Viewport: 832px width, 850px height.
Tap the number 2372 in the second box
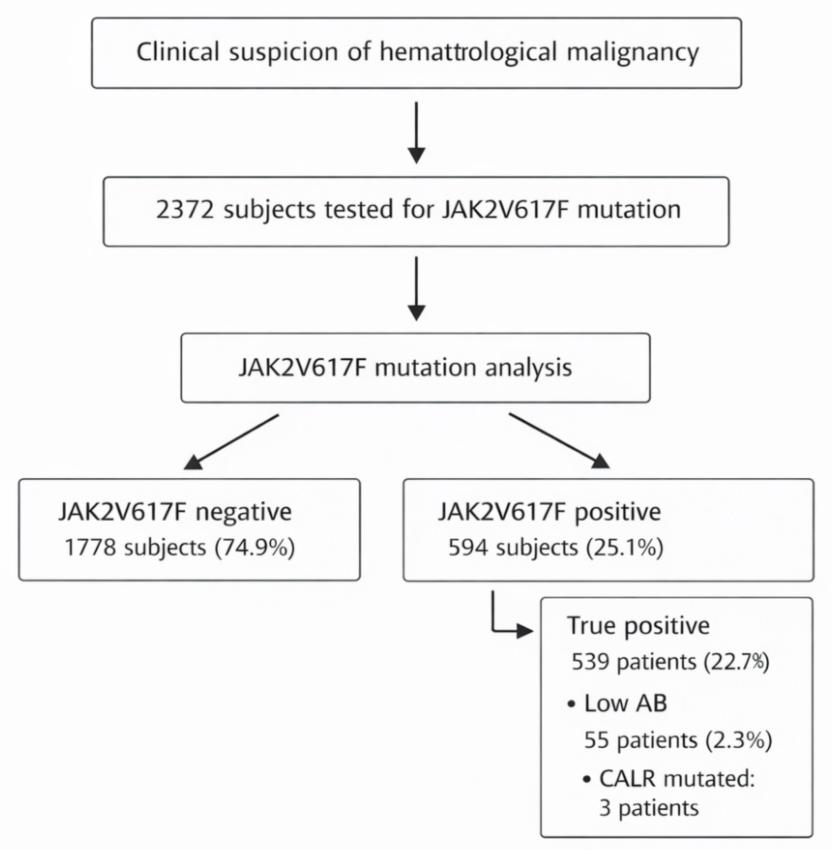point(185,210)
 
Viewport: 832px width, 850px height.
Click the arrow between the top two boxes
point(417,133)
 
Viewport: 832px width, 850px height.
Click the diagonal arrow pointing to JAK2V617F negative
point(231,442)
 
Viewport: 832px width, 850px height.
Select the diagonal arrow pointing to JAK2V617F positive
point(559,441)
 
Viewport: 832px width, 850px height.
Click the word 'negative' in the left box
point(243,513)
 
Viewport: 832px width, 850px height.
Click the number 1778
point(90,547)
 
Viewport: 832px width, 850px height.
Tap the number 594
point(468,547)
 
